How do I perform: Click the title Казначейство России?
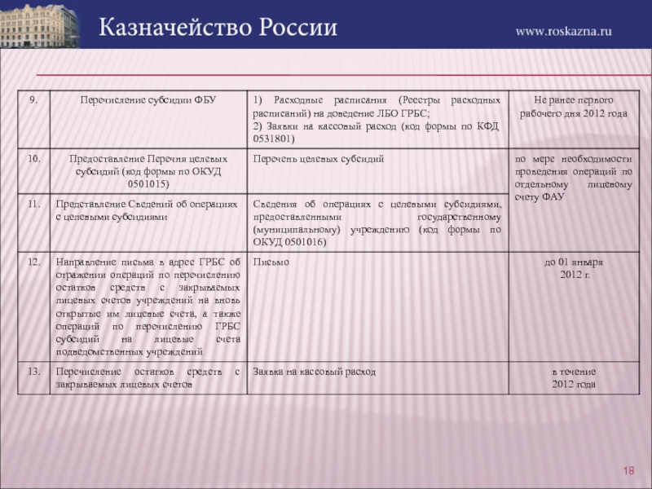218,28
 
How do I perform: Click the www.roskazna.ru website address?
564,31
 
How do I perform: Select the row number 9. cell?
33,99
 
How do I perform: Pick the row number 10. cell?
34,158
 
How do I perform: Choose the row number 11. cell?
34,204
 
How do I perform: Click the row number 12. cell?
34,262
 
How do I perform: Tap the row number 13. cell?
34,371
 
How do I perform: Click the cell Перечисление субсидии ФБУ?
148,99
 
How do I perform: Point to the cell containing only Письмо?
271,262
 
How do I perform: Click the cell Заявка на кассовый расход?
315,371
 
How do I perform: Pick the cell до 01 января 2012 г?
574,268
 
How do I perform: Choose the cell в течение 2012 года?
574,377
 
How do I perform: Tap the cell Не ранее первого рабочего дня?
574,106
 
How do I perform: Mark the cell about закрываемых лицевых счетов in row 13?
148,377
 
